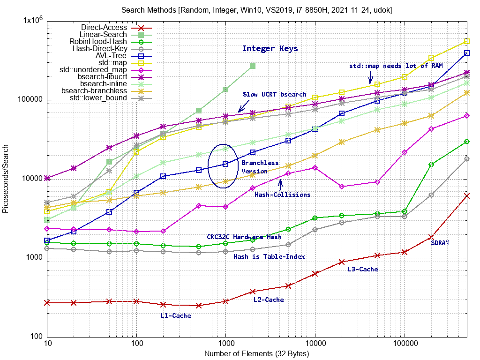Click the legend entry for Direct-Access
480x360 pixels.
104,28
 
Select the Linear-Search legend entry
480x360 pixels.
103,35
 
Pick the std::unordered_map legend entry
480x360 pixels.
93,70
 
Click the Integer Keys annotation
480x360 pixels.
270,48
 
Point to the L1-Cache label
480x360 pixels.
176,315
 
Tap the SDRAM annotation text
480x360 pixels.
440,243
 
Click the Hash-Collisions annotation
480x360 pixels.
282,195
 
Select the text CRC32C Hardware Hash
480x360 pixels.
244,237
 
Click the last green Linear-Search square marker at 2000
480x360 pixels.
253,66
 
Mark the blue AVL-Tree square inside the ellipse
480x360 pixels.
225,164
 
